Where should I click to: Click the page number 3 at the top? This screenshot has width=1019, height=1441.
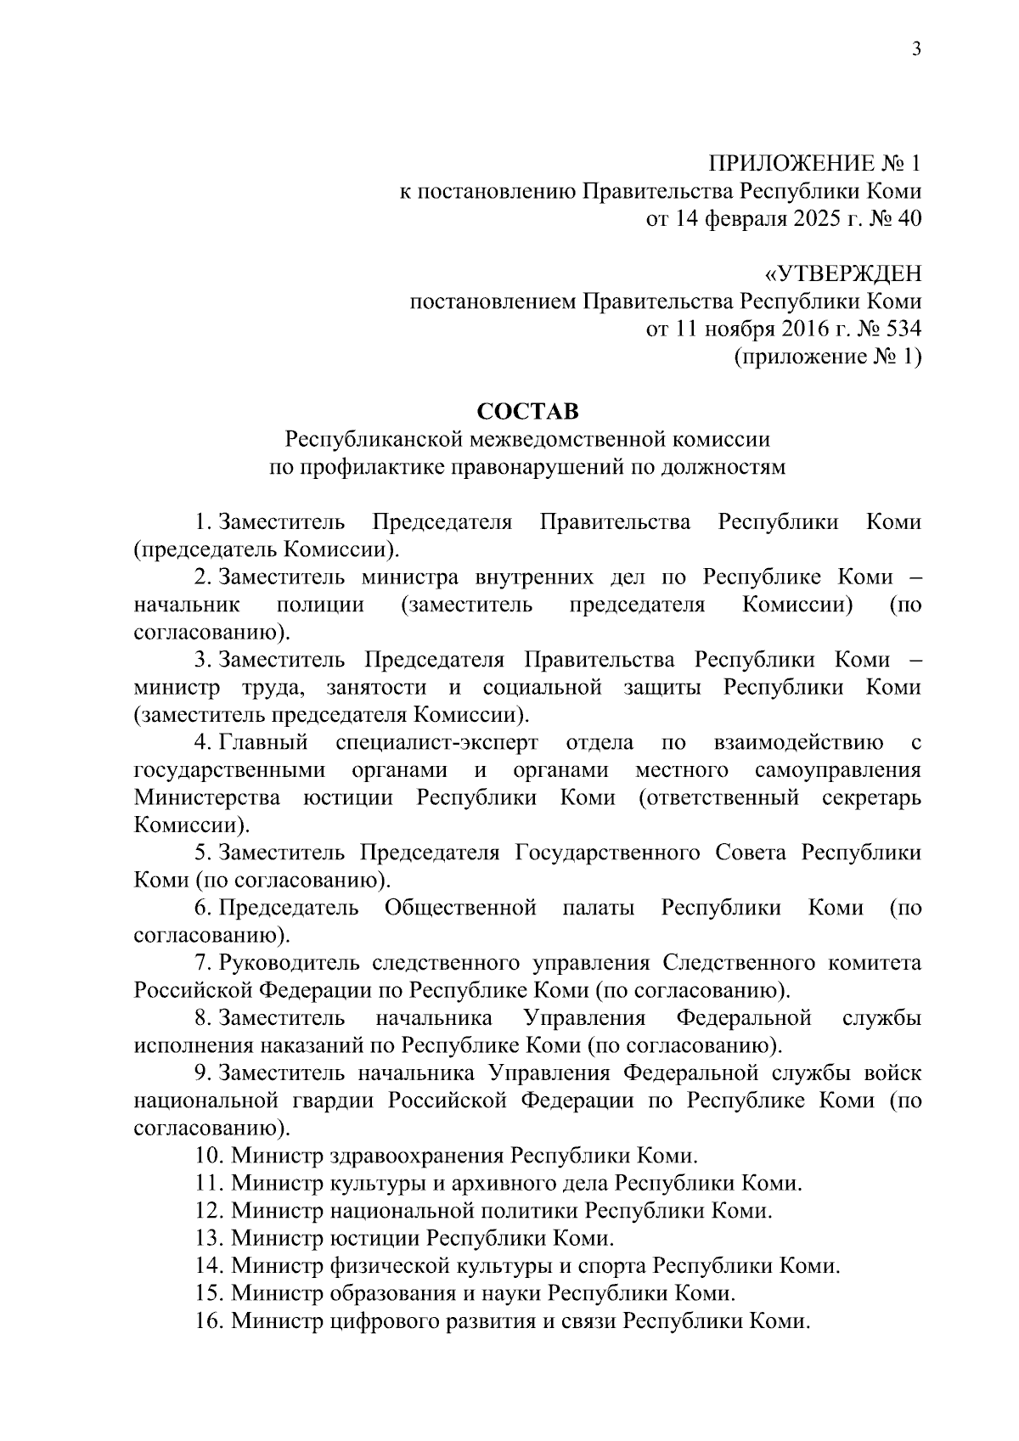(x=915, y=48)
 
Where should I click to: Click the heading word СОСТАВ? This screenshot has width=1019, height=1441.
(x=527, y=412)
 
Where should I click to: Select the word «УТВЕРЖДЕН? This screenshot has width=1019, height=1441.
(x=842, y=274)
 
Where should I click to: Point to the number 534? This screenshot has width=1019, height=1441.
(x=898, y=329)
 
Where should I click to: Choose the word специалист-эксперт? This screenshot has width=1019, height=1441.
(x=436, y=744)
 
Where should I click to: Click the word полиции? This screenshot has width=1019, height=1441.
(x=320, y=605)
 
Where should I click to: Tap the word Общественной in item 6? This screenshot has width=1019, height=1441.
(x=460, y=909)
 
